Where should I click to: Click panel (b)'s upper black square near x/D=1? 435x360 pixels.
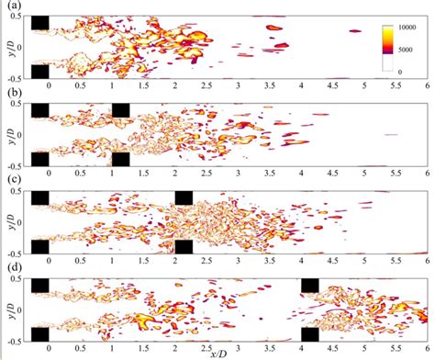(120, 110)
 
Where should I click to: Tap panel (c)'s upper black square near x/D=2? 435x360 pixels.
(184, 197)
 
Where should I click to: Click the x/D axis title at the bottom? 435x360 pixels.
(218, 354)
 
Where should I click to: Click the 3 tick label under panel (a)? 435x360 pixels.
(239, 85)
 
